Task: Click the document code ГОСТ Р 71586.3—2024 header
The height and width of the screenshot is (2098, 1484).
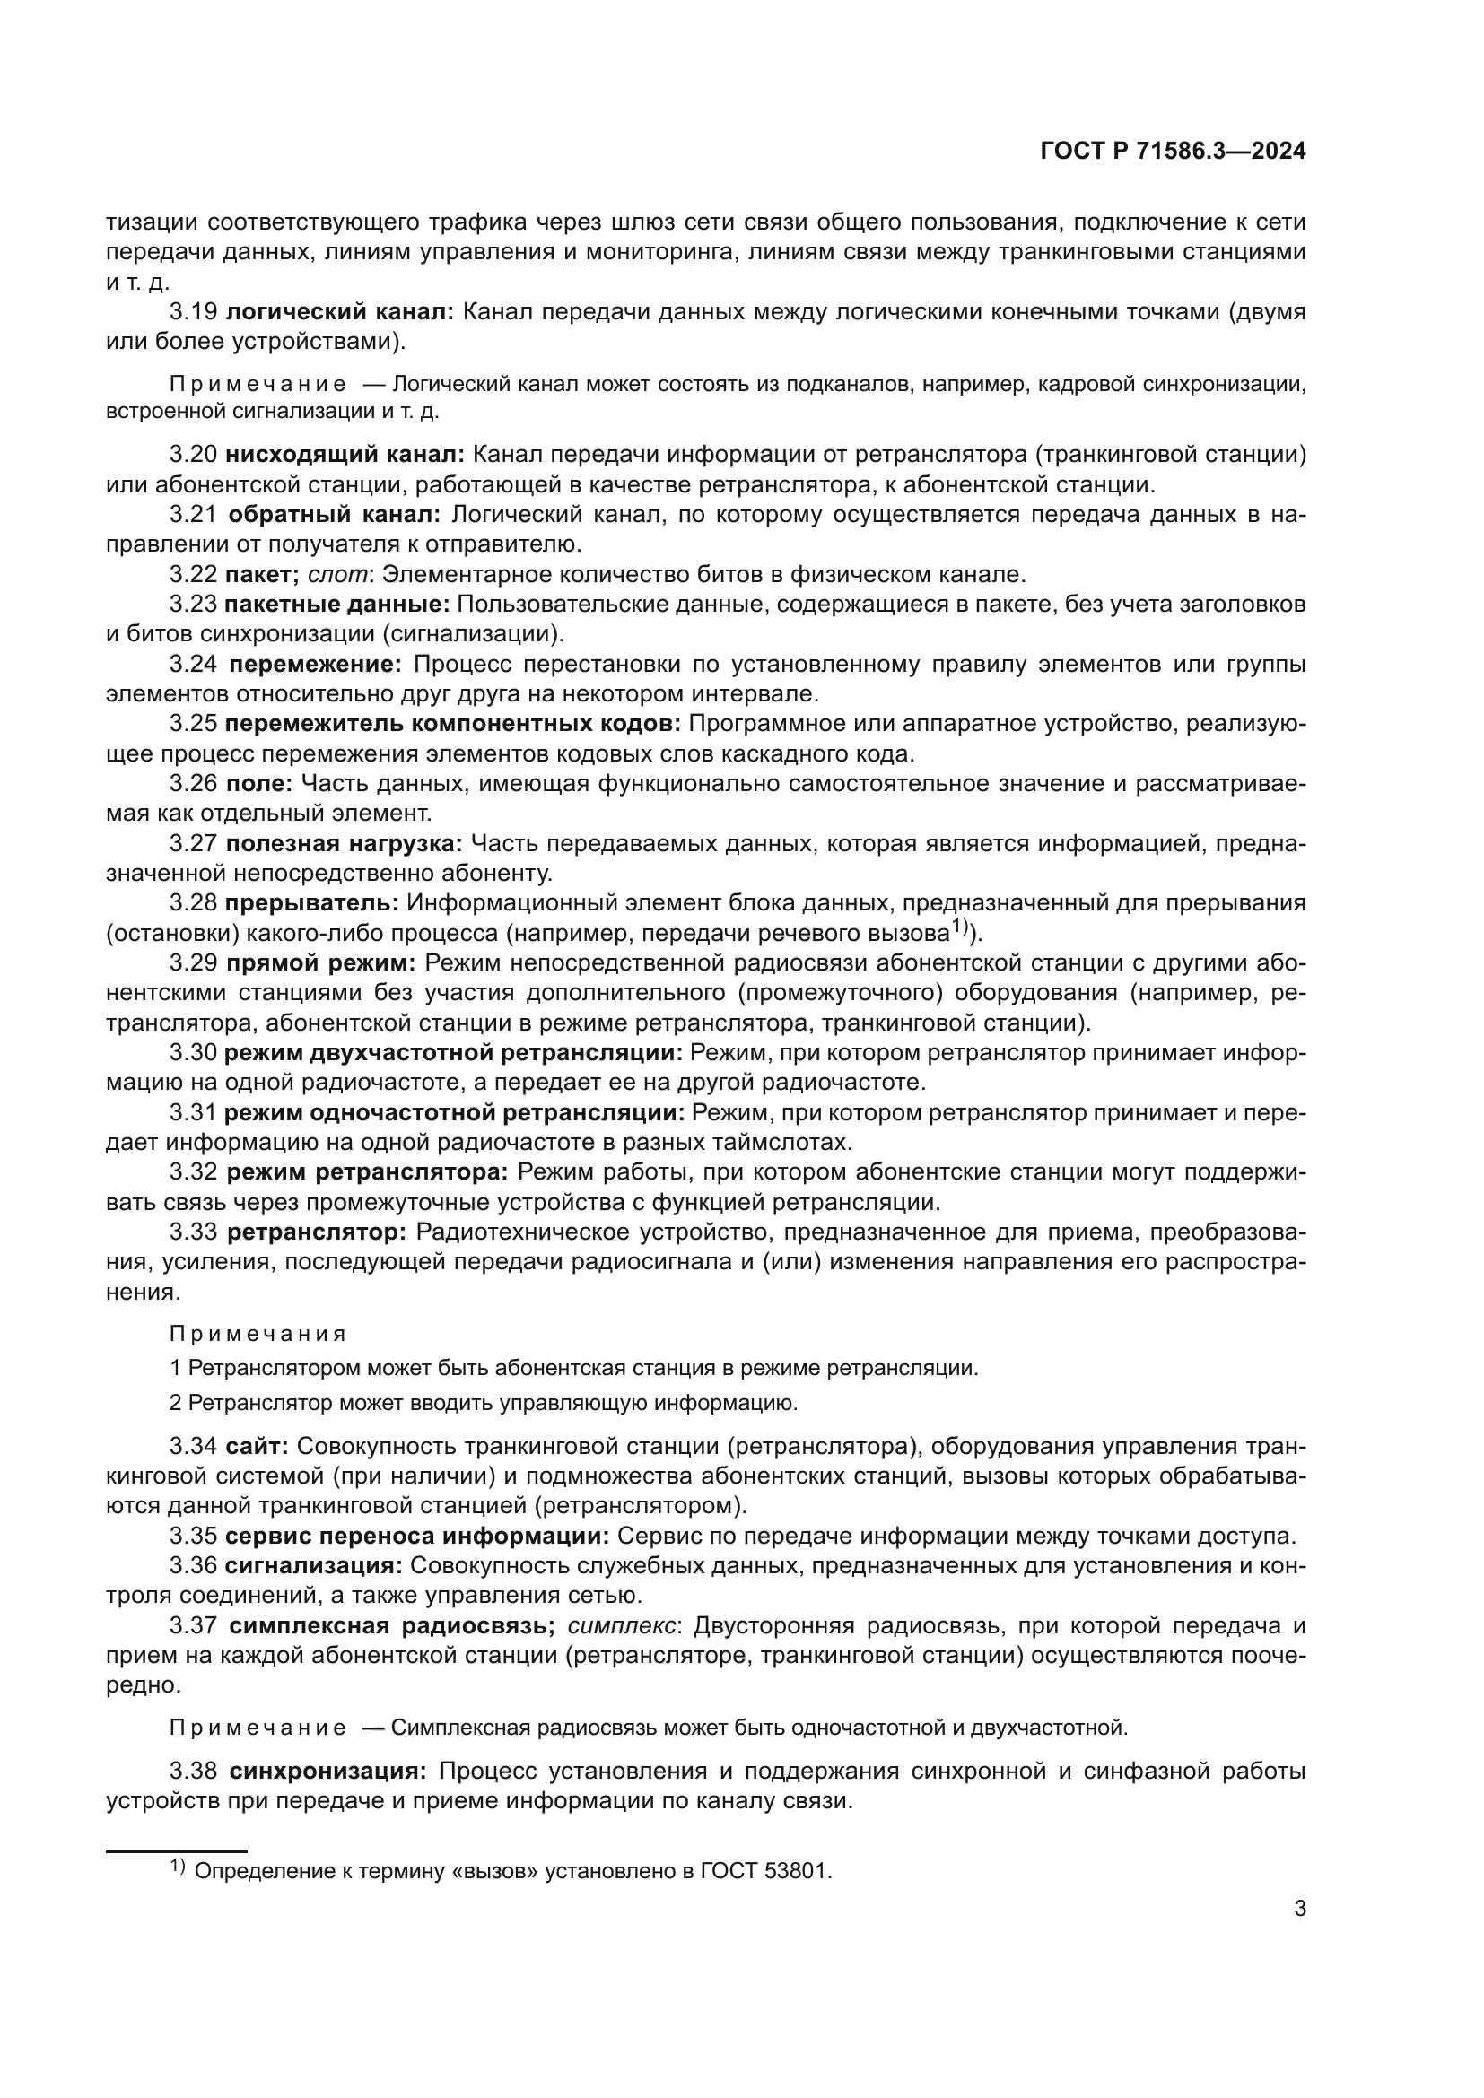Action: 1173,152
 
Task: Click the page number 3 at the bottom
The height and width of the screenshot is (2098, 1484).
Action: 1299,1909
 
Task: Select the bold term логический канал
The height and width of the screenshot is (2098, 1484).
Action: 339,312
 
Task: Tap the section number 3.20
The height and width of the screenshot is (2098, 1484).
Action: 193,455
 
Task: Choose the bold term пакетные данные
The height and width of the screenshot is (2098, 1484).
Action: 337,604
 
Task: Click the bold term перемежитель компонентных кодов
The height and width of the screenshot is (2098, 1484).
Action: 452,724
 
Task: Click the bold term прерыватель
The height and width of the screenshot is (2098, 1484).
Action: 311,903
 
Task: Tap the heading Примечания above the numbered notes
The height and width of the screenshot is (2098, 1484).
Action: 258,1334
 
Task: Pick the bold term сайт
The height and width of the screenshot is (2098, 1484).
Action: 257,1447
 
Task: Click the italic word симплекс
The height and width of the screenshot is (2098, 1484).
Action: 623,1625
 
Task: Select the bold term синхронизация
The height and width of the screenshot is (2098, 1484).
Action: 327,1771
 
